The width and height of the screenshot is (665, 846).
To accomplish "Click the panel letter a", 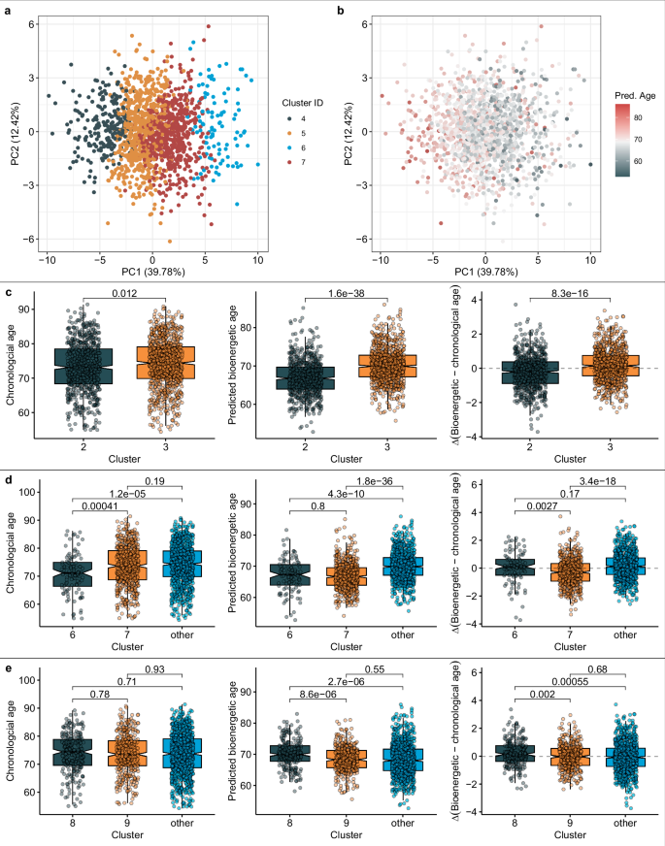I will tap(8, 9).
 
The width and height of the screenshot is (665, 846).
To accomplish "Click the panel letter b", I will tap(340, 9).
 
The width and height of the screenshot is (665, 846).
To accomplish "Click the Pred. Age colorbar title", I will tap(635, 95).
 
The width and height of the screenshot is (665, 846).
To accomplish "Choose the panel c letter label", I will tap(8, 281).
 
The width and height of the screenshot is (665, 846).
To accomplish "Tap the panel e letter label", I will tap(8, 667).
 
